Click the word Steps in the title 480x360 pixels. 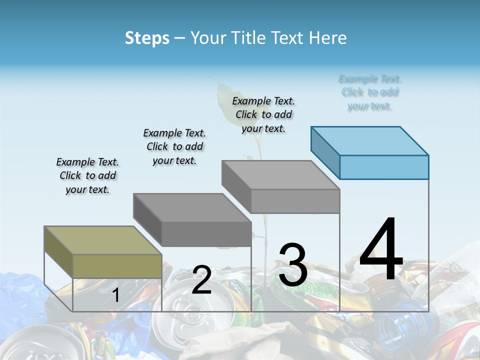pyautogui.click(x=147, y=38)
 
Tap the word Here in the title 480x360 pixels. pyautogui.click(x=328, y=38)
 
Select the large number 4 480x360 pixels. pyautogui.click(x=381, y=250)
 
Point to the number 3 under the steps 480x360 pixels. pyautogui.click(x=293, y=265)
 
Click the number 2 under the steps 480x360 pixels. pyautogui.click(x=201, y=280)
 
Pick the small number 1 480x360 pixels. pyautogui.click(x=115, y=295)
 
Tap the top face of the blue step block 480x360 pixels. pyautogui.click(x=370, y=140)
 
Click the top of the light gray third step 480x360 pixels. pyautogui.click(x=280, y=175)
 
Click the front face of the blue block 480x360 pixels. pyautogui.click(x=384, y=167)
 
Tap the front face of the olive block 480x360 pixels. pyautogui.click(x=117, y=266)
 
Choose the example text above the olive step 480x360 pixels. pyautogui.click(x=87, y=175)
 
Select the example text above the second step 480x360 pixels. pyautogui.click(x=174, y=146)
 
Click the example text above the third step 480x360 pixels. pyautogui.click(x=263, y=114)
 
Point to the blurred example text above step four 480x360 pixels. pyautogui.click(x=370, y=92)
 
